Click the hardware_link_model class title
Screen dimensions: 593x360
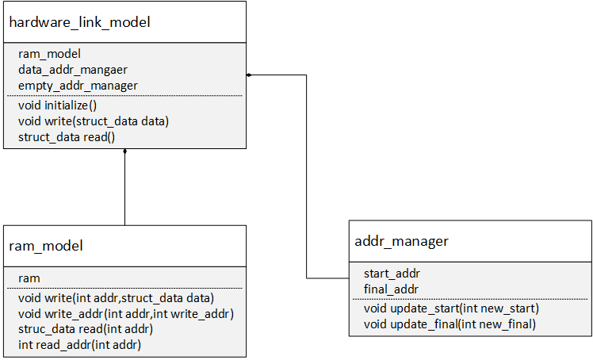point(79,22)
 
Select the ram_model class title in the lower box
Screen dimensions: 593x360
point(46,246)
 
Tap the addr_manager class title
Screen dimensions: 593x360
point(401,241)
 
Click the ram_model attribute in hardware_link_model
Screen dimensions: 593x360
point(49,54)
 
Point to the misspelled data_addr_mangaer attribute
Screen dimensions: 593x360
point(73,70)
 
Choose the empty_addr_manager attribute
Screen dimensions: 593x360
point(78,86)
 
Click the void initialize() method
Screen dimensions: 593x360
point(58,105)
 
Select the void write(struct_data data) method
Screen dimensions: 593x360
point(94,121)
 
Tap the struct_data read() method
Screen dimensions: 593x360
point(67,137)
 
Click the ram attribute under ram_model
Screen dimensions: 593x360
point(29,278)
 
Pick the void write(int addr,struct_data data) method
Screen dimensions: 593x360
point(116,298)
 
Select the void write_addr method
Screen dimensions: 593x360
point(126,314)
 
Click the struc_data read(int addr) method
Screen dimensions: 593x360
point(86,329)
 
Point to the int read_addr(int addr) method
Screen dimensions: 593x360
point(79,345)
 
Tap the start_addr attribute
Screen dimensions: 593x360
point(392,274)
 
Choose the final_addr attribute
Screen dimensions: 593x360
point(391,289)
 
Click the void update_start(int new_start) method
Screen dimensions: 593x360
point(451,308)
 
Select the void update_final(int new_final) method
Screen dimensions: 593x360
point(450,324)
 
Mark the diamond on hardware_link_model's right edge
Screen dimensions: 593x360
point(249,75)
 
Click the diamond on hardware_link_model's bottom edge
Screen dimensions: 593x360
point(124,151)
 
